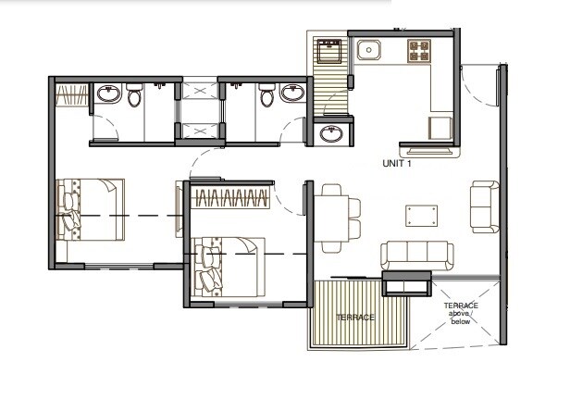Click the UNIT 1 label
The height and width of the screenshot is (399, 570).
pyautogui.click(x=397, y=163)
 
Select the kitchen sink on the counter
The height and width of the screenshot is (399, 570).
pyautogui.click(x=367, y=49)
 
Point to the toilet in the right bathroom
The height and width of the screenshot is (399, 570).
pyautogui.click(x=266, y=94)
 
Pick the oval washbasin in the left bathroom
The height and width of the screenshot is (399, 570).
pyautogui.click(x=108, y=94)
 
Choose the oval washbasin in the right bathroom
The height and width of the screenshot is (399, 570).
pyautogui.click(x=292, y=94)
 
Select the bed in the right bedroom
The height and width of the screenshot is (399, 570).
pyautogui.click(x=231, y=268)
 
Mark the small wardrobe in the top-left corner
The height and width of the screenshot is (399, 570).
pyautogui.click(x=73, y=95)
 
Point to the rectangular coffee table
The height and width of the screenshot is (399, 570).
pyautogui.click(x=422, y=216)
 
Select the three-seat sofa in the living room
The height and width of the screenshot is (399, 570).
pyautogui.click(x=416, y=254)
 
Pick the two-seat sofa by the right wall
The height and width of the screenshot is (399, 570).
pyautogui.click(x=483, y=207)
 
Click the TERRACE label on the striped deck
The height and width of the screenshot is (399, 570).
pyautogui.click(x=355, y=318)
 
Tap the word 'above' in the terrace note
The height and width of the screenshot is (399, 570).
pyautogui.click(x=460, y=316)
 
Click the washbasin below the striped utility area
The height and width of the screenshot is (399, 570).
pyautogui.click(x=331, y=134)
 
